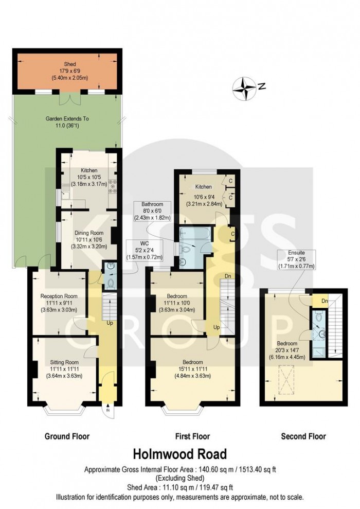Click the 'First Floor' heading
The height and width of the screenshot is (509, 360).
coord(192,436)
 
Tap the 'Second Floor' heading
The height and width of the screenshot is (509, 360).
coord(303,436)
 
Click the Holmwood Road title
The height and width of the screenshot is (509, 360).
coord(179,454)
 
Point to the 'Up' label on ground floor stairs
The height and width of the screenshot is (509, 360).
coord(110,323)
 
